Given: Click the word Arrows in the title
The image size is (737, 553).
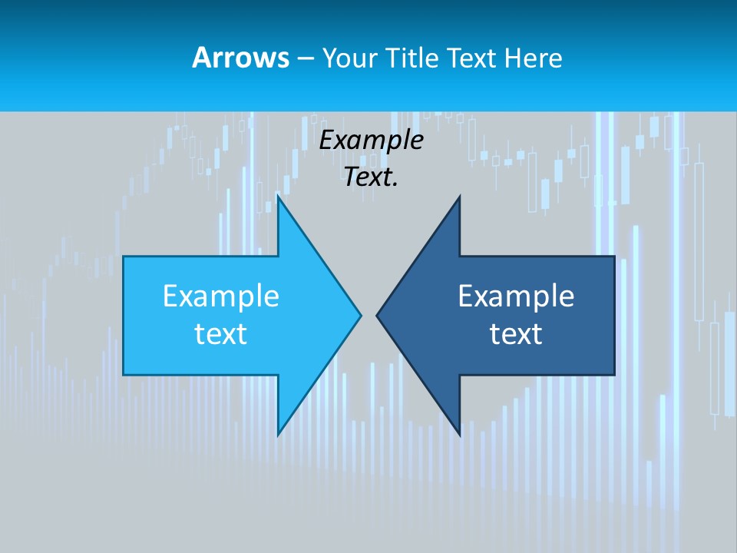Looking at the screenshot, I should pyautogui.click(x=240, y=58).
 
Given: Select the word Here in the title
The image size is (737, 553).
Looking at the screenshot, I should pyautogui.click(x=533, y=58).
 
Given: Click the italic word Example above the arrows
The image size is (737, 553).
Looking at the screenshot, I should pyautogui.click(x=372, y=140).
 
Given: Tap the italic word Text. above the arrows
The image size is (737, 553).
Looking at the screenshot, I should pyautogui.click(x=372, y=177).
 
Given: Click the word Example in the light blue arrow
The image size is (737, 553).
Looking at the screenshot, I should pyautogui.click(x=221, y=296).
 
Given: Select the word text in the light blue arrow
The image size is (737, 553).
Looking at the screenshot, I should pyautogui.click(x=221, y=334).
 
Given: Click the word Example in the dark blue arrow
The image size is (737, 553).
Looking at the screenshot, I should pyautogui.click(x=516, y=296).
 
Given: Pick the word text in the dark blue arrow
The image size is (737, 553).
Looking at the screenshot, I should pyautogui.click(x=516, y=334).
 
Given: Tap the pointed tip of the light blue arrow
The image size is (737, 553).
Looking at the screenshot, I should pyautogui.click(x=360, y=314).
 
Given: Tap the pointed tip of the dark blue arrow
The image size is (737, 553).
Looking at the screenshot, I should pyautogui.click(x=377, y=314).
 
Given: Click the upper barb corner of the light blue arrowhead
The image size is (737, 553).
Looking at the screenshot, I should pyautogui.click(x=278, y=197).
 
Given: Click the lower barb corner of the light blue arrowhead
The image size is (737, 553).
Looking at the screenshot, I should pyautogui.click(x=278, y=435).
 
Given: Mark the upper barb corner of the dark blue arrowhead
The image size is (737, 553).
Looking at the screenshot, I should pyautogui.click(x=459, y=197).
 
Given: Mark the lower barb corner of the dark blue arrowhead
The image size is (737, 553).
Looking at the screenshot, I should pyautogui.click(x=459, y=435).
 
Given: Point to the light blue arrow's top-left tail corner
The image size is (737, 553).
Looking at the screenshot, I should pyautogui.click(x=124, y=257).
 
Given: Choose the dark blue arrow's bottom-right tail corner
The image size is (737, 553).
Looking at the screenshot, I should pyautogui.click(x=614, y=374).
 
